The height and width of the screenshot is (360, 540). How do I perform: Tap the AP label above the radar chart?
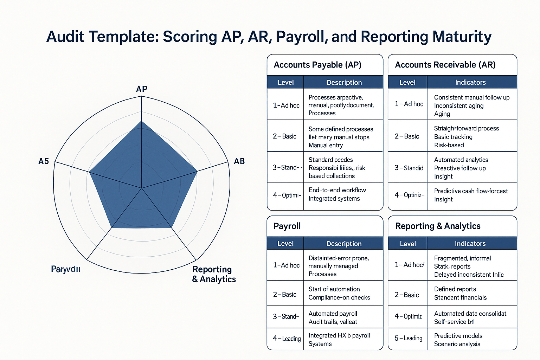[x=142, y=89]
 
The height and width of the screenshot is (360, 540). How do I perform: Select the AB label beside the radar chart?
[x=239, y=161]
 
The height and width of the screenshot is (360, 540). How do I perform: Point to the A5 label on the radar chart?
[x=44, y=161]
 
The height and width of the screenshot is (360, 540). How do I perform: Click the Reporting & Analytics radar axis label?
[x=214, y=274]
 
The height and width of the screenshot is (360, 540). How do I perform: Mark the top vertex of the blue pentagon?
[x=141, y=121]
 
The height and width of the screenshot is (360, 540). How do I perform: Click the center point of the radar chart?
[x=141, y=188]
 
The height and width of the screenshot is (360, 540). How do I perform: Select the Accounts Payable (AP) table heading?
[x=317, y=65]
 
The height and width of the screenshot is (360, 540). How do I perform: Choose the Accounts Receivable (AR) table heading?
[x=445, y=65]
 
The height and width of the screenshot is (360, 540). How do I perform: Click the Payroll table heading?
[x=287, y=226]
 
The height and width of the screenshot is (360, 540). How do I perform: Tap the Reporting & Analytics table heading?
[x=438, y=226]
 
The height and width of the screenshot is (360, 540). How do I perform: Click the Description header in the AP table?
[x=344, y=83]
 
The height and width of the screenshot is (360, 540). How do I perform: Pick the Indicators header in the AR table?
[x=470, y=83]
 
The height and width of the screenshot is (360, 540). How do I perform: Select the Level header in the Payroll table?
[x=285, y=244]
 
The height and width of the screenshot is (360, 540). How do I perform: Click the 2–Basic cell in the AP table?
[x=284, y=136]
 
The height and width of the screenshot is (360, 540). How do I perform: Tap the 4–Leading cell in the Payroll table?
[x=287, y=339]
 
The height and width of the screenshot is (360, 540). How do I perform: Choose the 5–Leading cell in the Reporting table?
[x=408, y=338]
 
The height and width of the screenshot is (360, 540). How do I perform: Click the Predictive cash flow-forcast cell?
[x=471, y=195]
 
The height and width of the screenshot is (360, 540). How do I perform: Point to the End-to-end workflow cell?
[x=337, y=194]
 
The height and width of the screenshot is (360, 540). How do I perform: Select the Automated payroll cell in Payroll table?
[x=333, y=317]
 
